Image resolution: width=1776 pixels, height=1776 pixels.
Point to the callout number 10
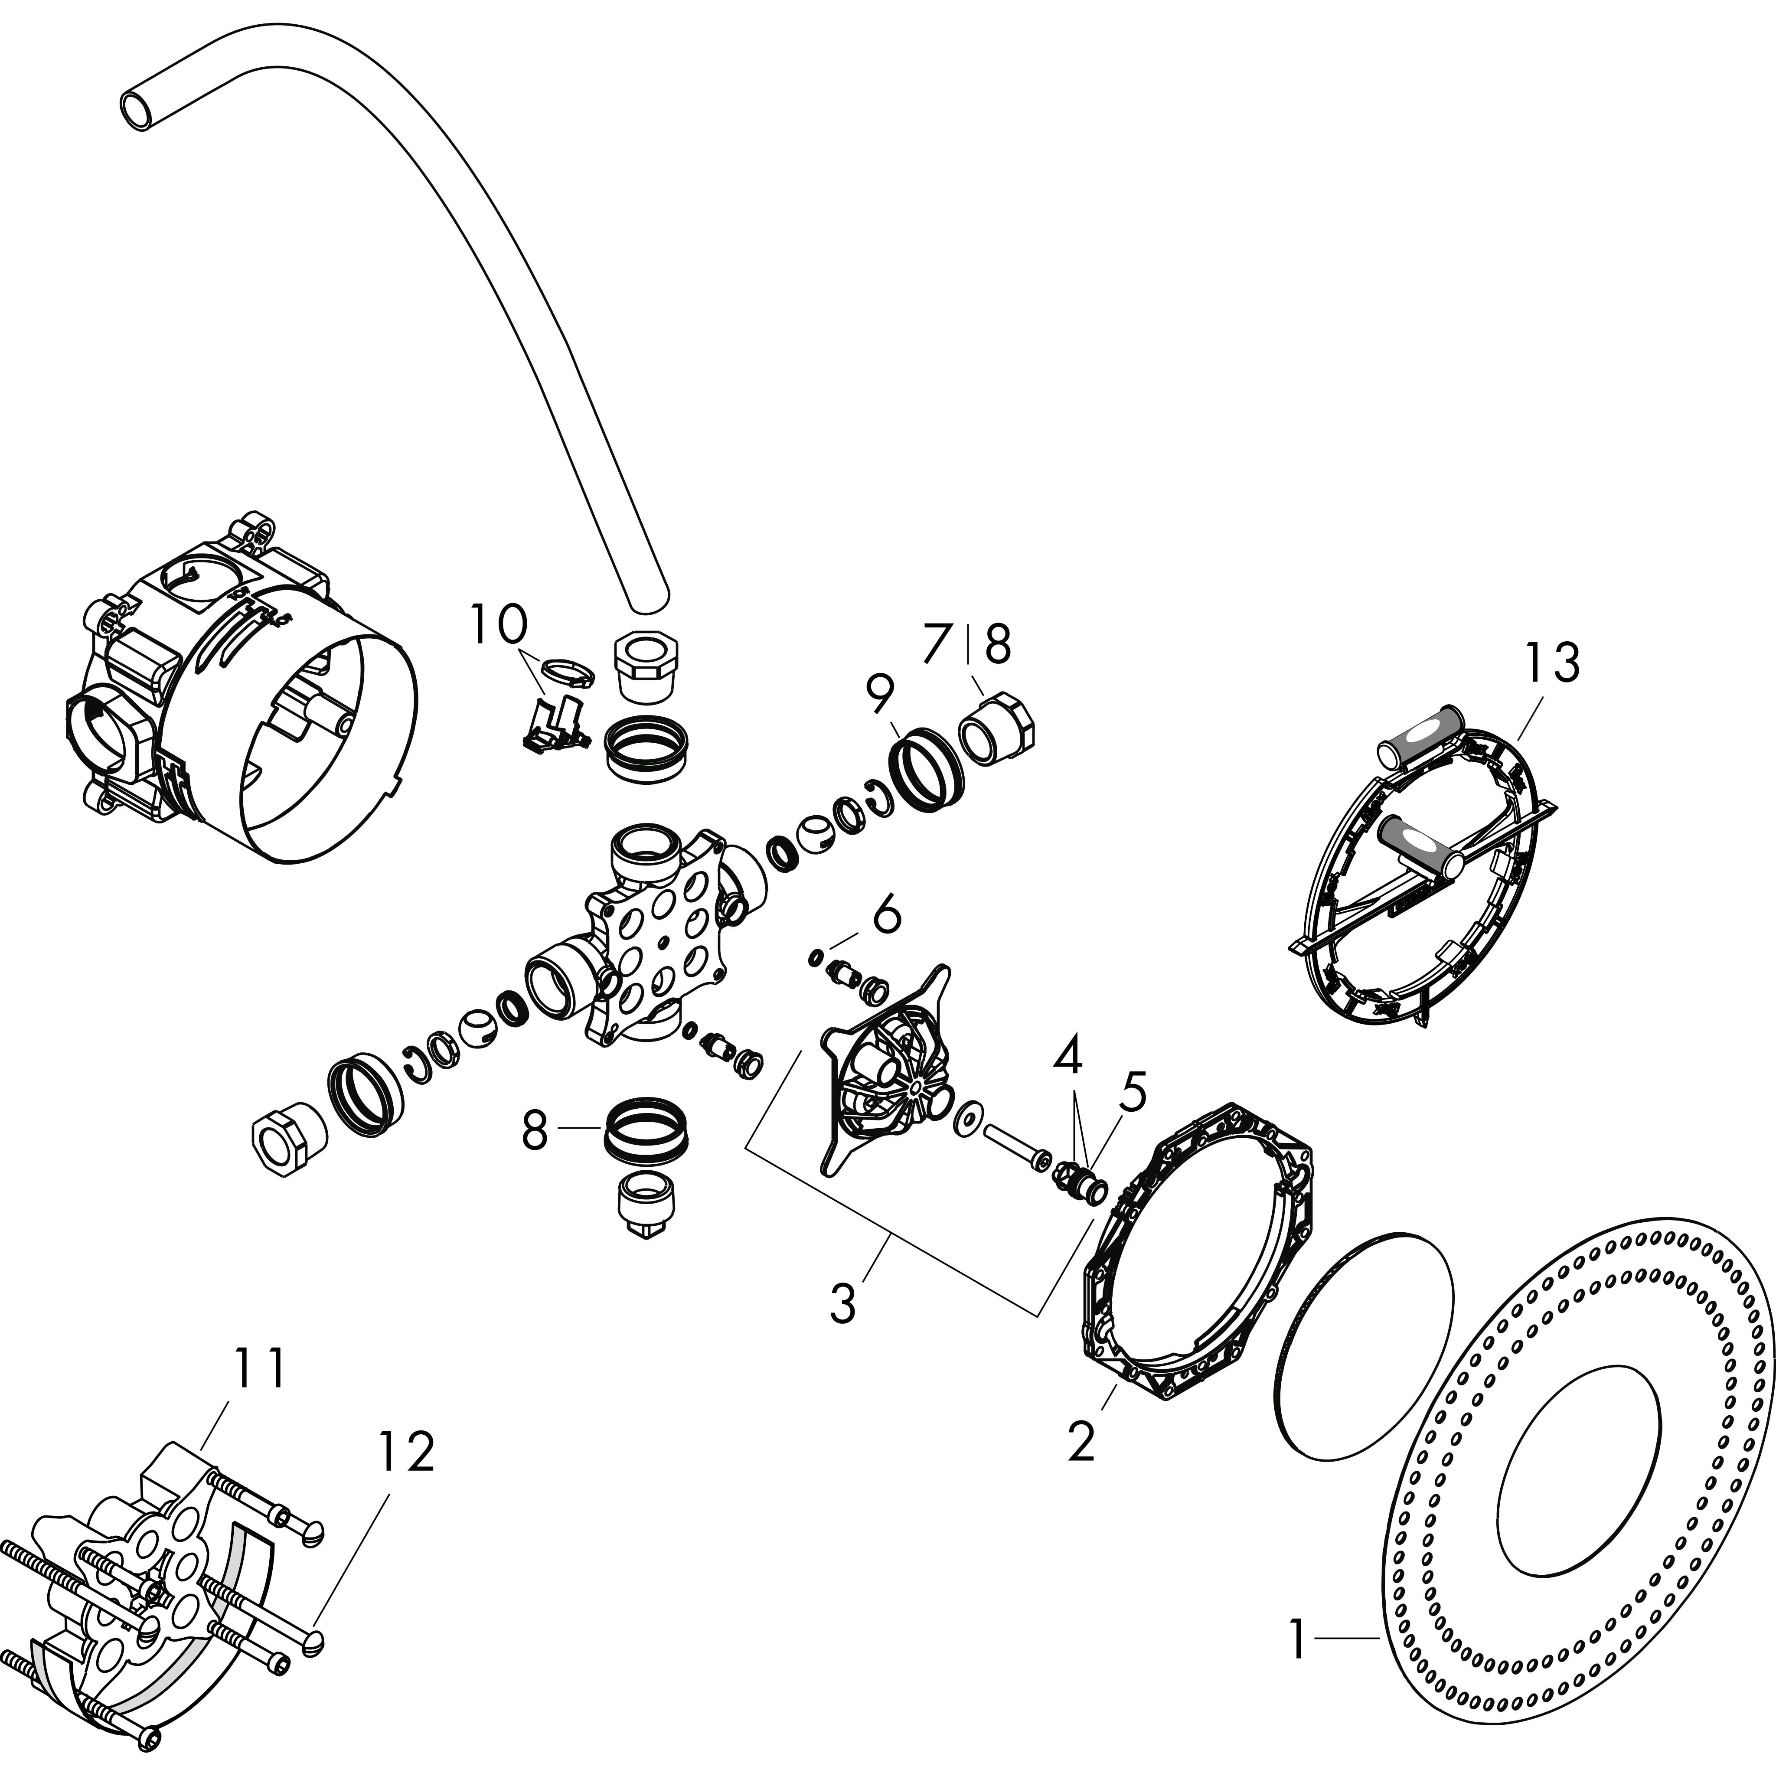click(499, 625)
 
